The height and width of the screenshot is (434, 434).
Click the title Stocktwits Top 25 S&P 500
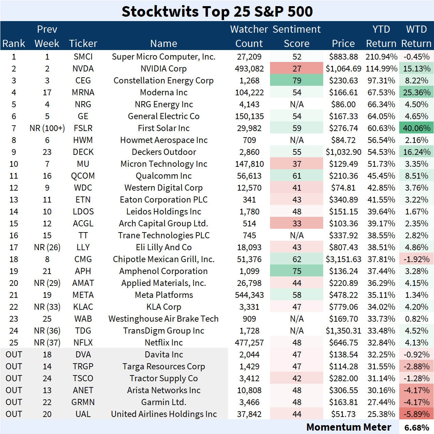[217, 11]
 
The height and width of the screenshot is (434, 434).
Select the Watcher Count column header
[249, 36]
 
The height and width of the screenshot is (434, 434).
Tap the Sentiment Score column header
[297, 36]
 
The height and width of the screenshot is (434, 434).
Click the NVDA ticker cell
[83, 69]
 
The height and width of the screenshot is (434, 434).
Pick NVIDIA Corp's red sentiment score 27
[297, 69]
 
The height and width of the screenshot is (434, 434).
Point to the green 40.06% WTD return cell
[416, 128]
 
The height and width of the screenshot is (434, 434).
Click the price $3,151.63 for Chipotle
[343, 259]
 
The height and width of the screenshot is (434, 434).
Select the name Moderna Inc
[164, 93]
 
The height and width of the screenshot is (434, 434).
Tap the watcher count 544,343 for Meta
[249, 295]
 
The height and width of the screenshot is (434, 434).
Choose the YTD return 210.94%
[381, 57]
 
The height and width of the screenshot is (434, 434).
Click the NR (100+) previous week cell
[47, 128]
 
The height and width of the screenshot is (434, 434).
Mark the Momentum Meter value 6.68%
[417, 428]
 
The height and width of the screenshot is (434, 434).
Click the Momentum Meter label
[348, 427]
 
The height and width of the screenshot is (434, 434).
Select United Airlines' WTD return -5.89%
[416, 414]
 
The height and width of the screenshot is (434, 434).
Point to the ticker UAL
[83, 414]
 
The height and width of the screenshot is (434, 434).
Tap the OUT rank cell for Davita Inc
[14, 355]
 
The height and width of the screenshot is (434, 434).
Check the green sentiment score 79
[297, 81]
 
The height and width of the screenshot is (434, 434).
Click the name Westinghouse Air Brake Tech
[164, 319]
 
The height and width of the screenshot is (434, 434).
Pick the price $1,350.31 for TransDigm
[343, 331]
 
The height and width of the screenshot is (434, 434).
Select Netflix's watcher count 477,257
[249, 343]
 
